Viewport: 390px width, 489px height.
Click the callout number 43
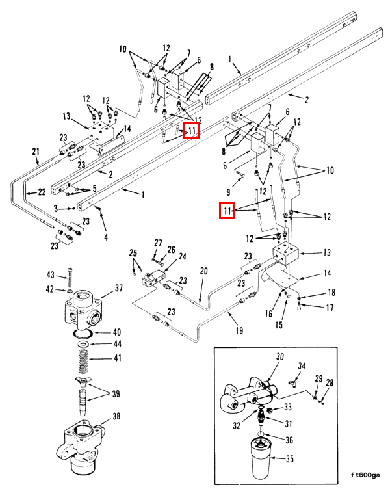coord(51,275)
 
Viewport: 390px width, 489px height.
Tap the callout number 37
coord(119,288)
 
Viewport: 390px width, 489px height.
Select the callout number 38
coord(116,416)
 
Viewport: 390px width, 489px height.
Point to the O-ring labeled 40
coord(83,334)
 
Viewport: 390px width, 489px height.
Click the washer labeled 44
coord(83,344)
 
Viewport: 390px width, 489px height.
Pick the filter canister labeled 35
coord(261,458)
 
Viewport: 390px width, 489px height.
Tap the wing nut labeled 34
coord(292,382)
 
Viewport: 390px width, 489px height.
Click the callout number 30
coord(280,356)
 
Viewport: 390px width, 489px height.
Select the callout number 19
coord(239,330)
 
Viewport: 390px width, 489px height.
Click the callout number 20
coord(203,271)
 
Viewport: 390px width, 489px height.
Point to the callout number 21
coord(36,152)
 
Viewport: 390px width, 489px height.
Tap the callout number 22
coord(42,192)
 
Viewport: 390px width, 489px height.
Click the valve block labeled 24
coord(154,278)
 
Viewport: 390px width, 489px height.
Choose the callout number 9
coord(229,192)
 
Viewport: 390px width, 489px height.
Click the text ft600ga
coord(365,475)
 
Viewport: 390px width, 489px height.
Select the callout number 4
coord(106,237)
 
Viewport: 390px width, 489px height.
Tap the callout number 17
coord(330,308)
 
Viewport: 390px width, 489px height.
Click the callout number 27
coord(159,243)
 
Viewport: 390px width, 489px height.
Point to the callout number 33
coord(288,407)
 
